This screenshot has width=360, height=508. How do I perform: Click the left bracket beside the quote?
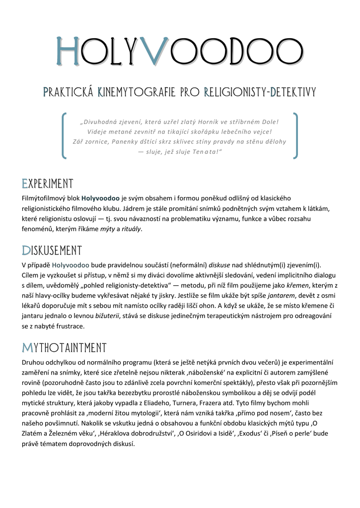[65, 136]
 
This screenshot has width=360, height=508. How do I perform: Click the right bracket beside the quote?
[295, 136]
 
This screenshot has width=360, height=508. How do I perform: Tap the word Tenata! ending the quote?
[208, 151]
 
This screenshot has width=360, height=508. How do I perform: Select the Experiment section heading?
[48, 184]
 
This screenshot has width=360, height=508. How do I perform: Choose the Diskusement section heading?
[52, 250]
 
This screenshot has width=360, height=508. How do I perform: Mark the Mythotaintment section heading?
[64, 347]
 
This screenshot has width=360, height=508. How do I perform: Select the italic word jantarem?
[276, 295]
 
